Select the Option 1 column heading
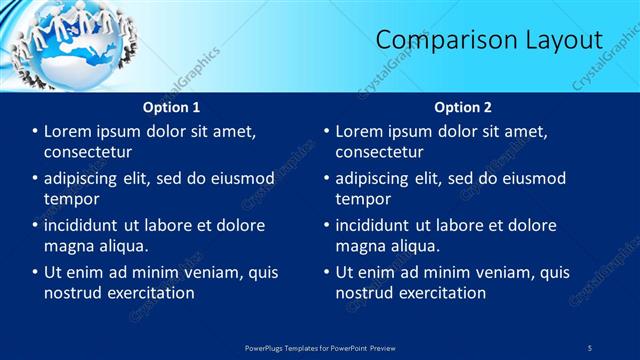coord(171,107)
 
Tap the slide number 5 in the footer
coord(590,347)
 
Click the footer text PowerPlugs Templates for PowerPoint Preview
coord(319,347)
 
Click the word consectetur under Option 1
coord(88,153)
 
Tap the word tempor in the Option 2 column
coord(360,199)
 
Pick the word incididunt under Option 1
coord(85,225)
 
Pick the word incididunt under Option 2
coord(376,225)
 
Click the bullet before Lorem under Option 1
coord(35,131)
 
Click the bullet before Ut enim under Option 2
coord(326,272)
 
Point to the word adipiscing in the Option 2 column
coord(380,179)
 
